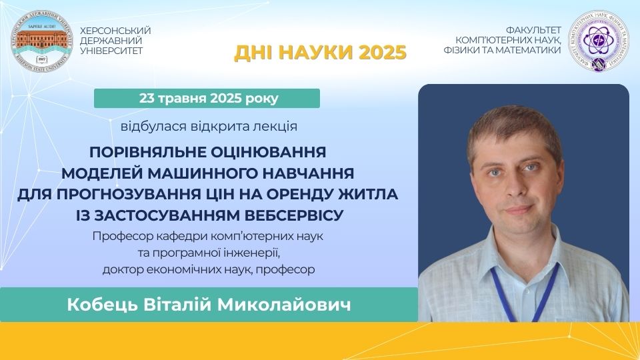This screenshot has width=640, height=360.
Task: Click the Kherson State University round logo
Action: click(x=41, y=42)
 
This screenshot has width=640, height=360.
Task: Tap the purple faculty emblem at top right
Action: click(x=599, y=41)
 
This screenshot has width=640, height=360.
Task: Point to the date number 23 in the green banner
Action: click(x=147, y=99)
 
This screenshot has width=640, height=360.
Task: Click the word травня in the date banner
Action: click(x=183, y=99)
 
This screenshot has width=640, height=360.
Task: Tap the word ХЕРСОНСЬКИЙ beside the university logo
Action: click(x=115, y=31)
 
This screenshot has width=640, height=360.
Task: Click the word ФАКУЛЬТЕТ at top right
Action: click(x=533, y=31)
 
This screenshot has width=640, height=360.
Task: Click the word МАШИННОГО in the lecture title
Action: click(x=202, y=173)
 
